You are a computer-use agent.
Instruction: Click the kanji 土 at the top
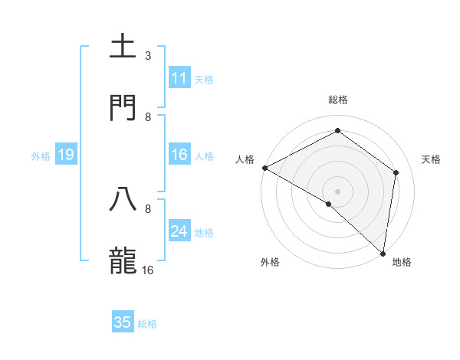click(x=124, y=47)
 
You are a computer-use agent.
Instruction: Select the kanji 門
click(x=124, y=108)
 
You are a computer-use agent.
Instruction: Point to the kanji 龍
click(x=124, y=260)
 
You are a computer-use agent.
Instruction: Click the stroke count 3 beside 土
click(x=148, y=55)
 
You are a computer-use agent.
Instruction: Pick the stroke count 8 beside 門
click(x=148, y=116)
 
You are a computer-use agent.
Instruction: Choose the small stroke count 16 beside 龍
click(x=148, y=270)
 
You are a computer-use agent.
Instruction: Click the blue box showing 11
click(x=179, y=77)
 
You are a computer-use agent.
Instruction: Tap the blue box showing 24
click(x=179, y=231)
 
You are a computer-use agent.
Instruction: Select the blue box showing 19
click(x=65, y=155)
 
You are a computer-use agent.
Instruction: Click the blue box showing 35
click(x=123, y=322)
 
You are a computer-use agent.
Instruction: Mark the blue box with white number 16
click(x=179, y=155)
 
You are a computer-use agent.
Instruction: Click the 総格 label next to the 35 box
click(x=147, y=324)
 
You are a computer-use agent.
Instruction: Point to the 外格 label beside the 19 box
click(x=41, y=156)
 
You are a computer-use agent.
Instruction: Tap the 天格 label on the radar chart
click(x=431, y=159)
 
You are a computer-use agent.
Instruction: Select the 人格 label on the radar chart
click(x=245, y=159)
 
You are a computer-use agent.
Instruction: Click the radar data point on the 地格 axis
click(x=383, y=253)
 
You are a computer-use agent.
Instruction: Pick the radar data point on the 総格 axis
click(x=337, y=131)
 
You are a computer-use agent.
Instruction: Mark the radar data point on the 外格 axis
click(x=329, y=204)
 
